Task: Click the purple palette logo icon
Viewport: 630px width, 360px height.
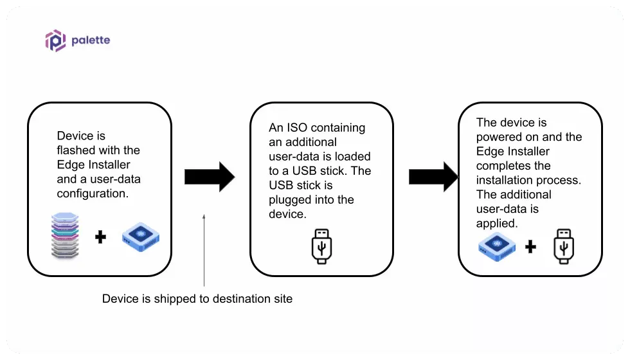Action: (55, 40)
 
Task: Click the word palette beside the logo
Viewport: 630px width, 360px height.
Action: (91, 40)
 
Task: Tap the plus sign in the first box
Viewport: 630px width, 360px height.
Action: (100, 238)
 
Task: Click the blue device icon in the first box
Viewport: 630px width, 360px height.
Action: (140, 237)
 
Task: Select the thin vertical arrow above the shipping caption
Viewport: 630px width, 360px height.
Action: (204, 251)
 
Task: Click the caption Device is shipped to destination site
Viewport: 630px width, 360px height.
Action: (197, 299)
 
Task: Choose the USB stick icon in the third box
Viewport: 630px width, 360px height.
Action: (563, 246)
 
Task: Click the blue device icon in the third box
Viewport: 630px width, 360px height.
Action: (498, 246)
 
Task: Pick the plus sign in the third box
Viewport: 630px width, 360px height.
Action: (530, 246)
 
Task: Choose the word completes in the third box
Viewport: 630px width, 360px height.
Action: (503, 166)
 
